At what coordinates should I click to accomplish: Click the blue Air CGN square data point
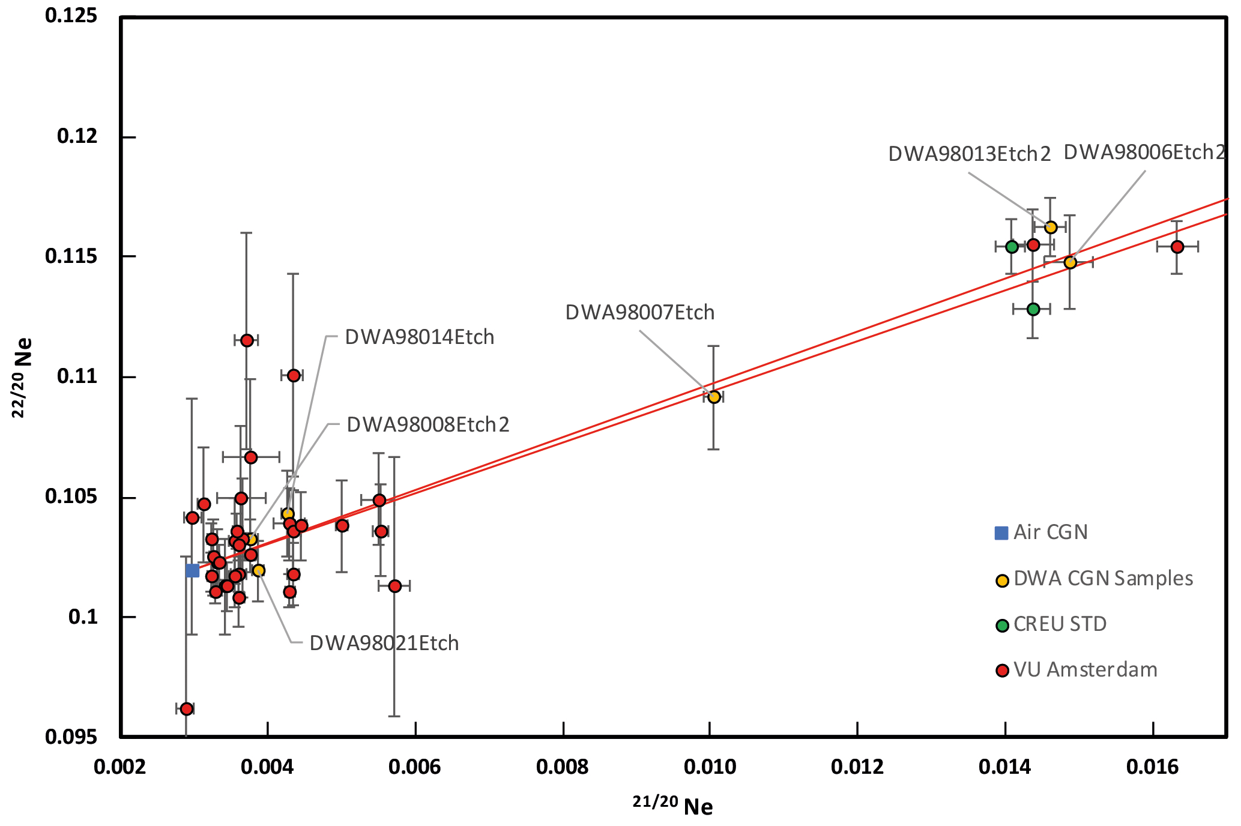point(192,570)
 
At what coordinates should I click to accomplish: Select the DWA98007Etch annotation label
point(640,313)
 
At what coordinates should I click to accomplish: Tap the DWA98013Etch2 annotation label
point(970,154)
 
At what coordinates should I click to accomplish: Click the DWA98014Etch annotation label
point(420,337)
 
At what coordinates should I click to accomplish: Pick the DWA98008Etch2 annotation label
point(428,425)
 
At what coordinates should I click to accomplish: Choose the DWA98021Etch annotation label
point(384,644)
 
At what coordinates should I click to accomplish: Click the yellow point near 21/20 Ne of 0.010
point(714,397)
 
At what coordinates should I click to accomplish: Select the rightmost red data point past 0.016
point(1177,247)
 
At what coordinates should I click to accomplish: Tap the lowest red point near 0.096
point(187,709)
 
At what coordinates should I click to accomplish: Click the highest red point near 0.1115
point(247,340)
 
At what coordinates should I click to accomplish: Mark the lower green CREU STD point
point(1033,309)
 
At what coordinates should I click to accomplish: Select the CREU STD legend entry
point(1060,624)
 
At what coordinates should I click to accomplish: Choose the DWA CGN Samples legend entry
point(1103,579)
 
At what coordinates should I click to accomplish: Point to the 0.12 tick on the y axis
point(77,136)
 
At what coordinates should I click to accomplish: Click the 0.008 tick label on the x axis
point(563,767)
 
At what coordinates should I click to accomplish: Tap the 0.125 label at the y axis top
point(71,16)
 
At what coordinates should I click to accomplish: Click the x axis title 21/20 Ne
point(673,806)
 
